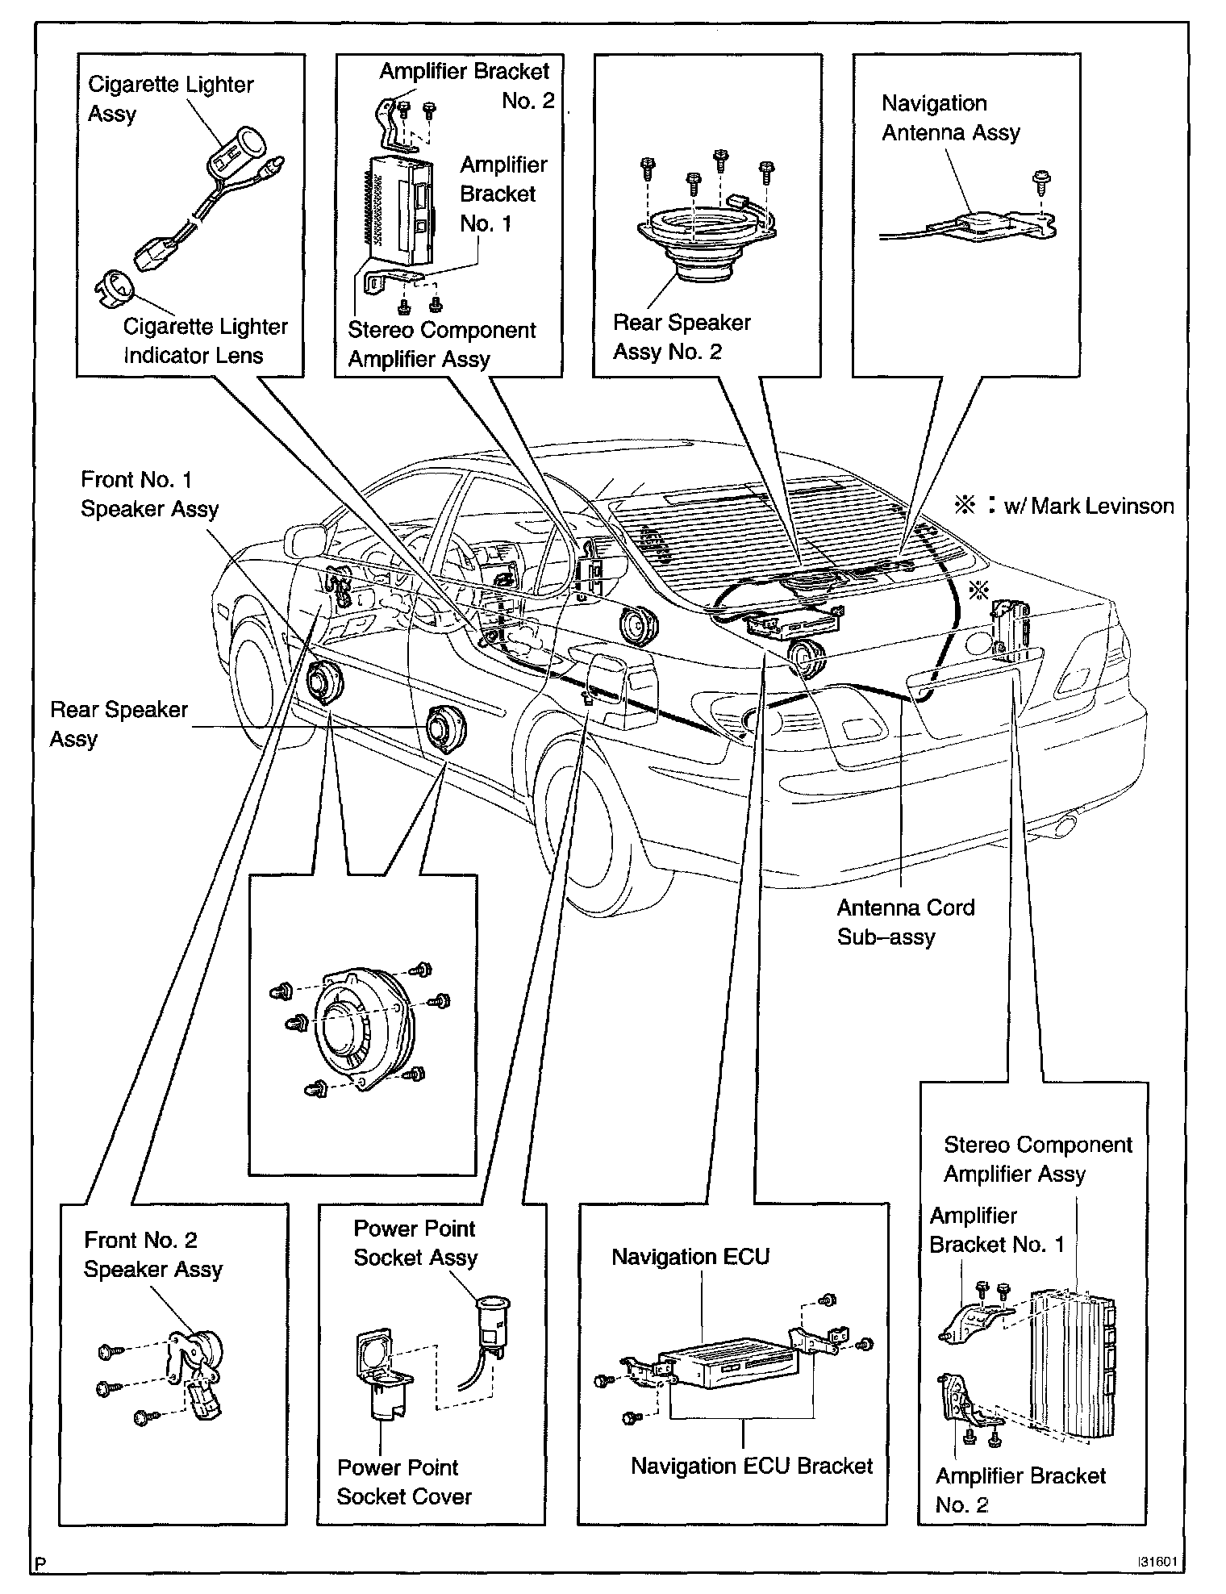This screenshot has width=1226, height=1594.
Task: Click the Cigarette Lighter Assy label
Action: (170, 98)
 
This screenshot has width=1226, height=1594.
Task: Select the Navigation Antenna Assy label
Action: (950, 118)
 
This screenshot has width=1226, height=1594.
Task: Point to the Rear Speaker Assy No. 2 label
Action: (682, 337)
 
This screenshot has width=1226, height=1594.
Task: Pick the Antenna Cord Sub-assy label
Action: (905, 922)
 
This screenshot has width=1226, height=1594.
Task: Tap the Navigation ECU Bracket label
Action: (751, 1465)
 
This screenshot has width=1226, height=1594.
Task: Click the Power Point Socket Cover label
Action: (403, 1482)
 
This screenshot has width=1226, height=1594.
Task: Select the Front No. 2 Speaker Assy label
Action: (152, 1254)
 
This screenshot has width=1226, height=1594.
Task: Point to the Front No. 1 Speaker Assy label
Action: (149, 494)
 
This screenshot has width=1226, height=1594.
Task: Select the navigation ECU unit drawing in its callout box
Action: (726, 1364)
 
